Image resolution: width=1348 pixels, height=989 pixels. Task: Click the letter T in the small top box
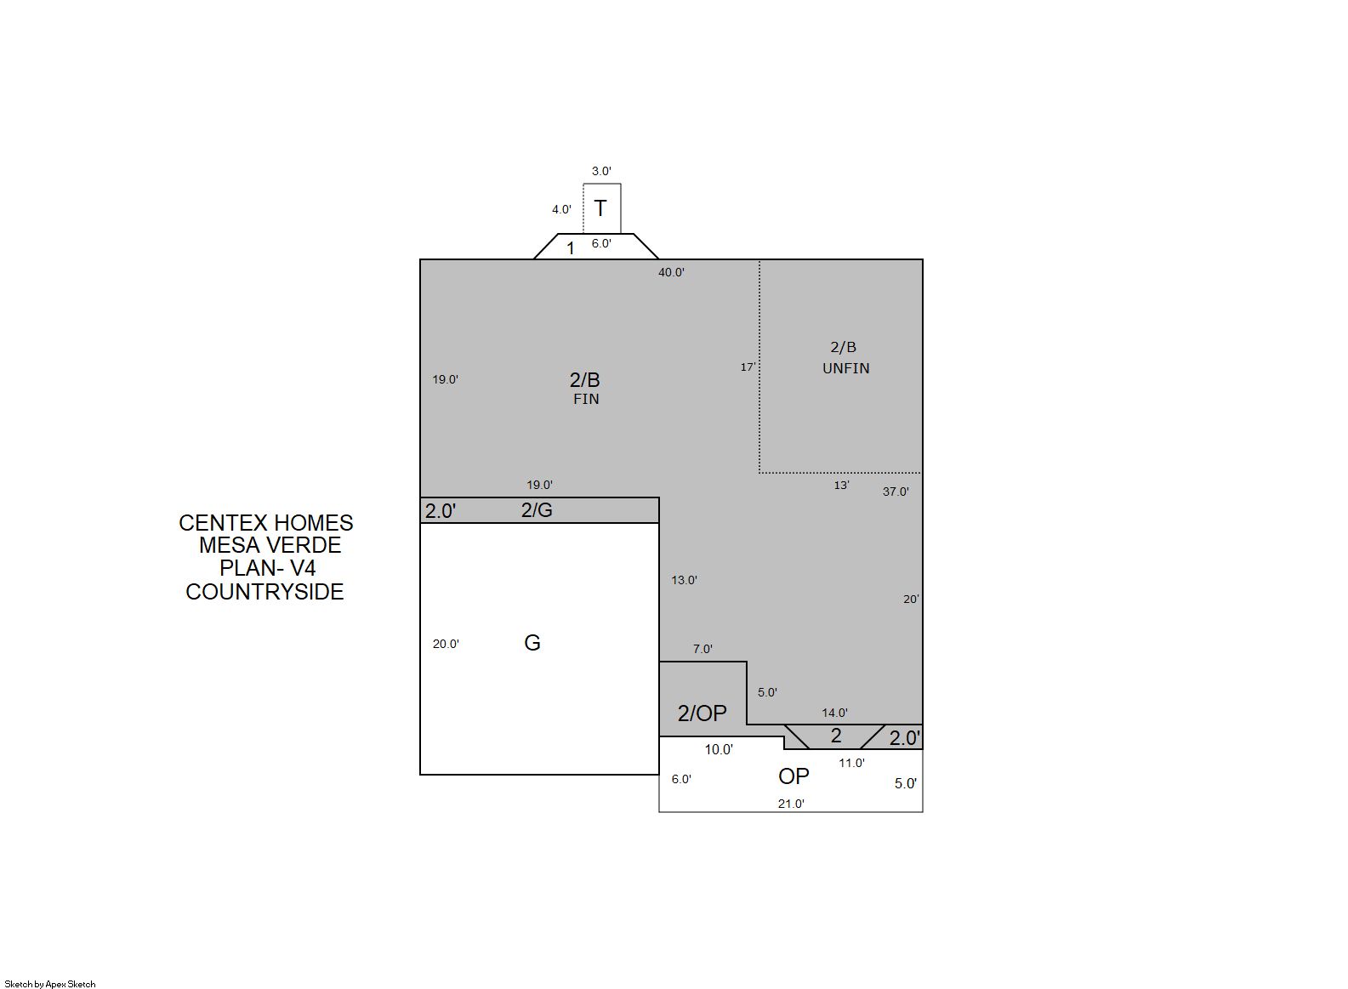[x=600, y=208]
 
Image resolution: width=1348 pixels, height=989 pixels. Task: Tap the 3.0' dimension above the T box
[x=601, y=171]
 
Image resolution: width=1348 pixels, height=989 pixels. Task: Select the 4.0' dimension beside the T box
[x=561, y=209]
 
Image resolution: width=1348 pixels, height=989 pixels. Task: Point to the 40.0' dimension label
[x=671, y=272]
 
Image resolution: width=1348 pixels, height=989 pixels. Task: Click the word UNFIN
[x=845, y=368]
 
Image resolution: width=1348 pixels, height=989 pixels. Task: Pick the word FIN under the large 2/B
[x=586, y=399]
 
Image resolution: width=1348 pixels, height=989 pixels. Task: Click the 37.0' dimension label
[x=896, y=492]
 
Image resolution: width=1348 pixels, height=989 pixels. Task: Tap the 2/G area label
[x=536, y=510]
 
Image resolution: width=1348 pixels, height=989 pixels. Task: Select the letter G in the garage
[x=532, y=643]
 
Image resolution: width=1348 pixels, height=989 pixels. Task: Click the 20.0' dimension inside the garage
[x=446, y=644]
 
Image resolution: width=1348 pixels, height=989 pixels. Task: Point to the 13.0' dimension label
[x=685, y=580]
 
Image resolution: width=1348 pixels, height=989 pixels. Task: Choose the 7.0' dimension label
[x=702, y=649]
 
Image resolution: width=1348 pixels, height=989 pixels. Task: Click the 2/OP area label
[x=702, y=713]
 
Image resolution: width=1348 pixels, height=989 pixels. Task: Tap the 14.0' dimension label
[x=834, y=713]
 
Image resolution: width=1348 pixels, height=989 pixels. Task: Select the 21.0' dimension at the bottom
[x=791, y=804]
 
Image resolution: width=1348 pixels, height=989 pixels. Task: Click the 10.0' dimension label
[x=719, y=749]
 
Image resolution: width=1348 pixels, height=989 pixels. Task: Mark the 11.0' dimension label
[x=851, y=763]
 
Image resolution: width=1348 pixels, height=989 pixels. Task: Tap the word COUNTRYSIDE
[x=264, y=592]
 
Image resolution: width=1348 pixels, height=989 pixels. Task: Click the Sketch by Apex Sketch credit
[x=50, y=984]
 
